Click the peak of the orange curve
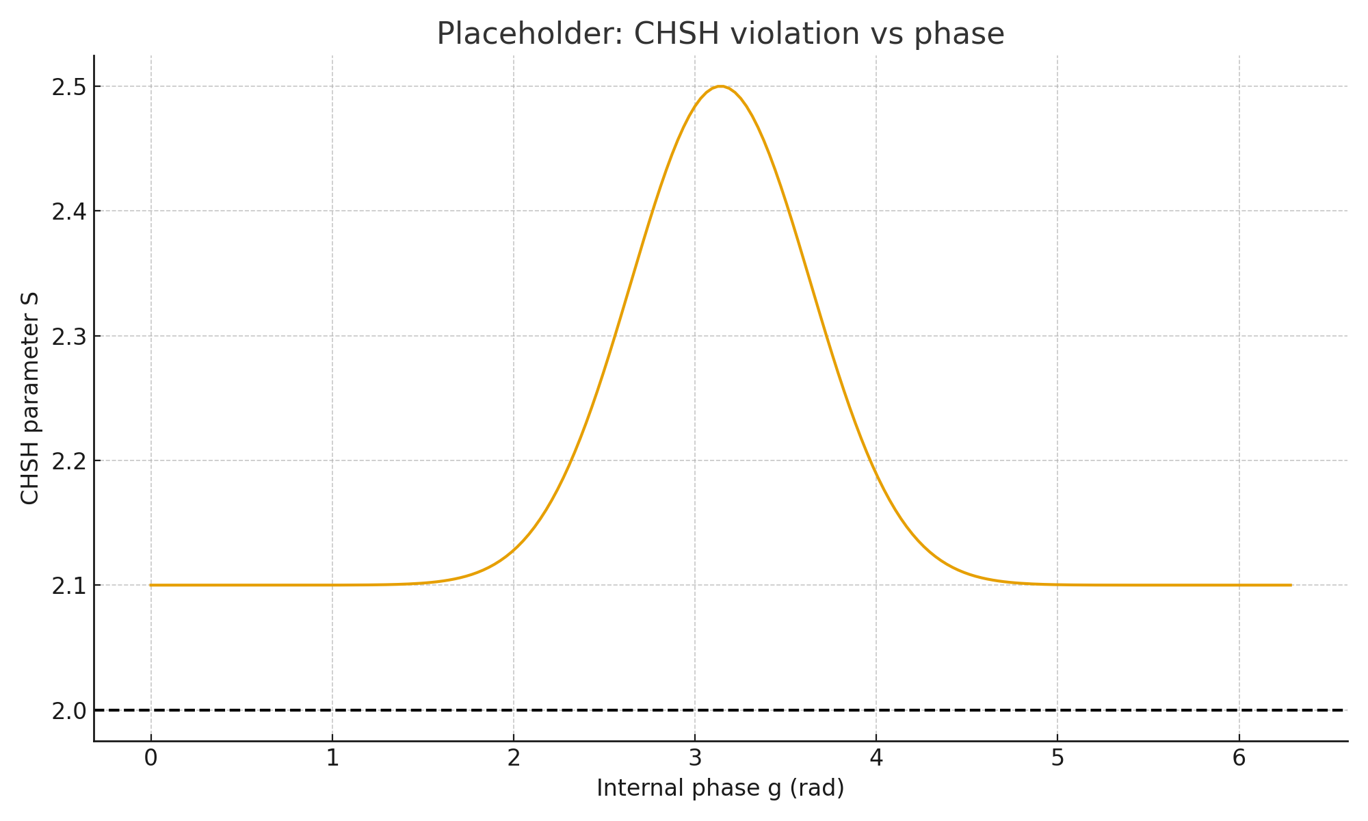pos(720,87)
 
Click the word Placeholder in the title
pos(527,34)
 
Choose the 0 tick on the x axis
pos(151,758)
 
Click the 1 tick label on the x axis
pos(332,758)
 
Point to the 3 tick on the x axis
pos(695,758)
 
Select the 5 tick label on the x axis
pos(1057,758)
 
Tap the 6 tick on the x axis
pos(1239,758)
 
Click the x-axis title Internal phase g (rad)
pos(720,788)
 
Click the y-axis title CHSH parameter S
pos(30,398)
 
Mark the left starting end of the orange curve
pos(151,585)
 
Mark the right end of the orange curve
pos(1290,585)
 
